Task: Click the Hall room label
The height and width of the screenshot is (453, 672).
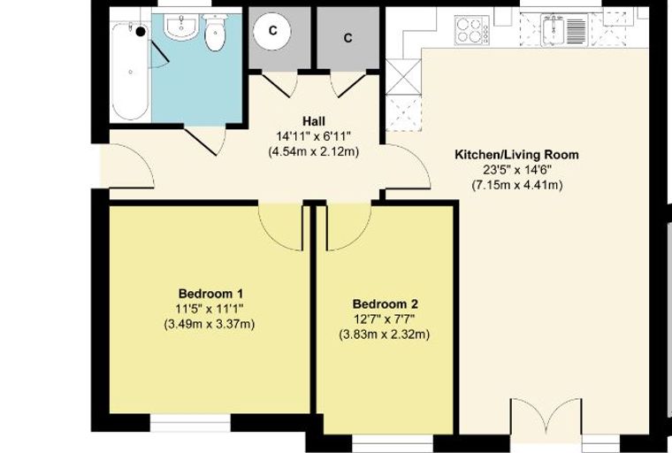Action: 314,120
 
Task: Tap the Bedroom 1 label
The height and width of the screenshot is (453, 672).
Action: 210,294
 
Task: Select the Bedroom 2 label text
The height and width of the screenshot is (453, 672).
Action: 385,304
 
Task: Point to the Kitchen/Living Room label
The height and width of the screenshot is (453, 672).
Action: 516,155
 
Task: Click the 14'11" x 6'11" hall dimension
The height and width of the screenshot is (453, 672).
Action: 314,136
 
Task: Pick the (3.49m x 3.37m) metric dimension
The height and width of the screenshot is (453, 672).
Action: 210,324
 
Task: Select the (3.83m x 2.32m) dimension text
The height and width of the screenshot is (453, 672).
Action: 385,334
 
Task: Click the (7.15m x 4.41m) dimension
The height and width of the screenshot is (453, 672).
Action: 517,185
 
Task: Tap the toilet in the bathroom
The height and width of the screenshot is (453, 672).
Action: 215,32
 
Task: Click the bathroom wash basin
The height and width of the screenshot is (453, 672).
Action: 181,27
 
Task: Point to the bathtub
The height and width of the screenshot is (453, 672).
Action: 131,71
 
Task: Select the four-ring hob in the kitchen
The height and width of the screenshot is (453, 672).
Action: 472,30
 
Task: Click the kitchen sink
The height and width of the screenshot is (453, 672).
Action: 563,29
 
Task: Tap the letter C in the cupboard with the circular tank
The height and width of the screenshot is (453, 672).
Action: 272,30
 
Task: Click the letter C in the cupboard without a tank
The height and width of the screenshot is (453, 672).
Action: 348,38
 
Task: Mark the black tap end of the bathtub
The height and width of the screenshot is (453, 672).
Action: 141,31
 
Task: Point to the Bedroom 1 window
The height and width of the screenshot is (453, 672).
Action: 190,422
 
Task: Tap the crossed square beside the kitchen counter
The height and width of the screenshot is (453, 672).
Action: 403,76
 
